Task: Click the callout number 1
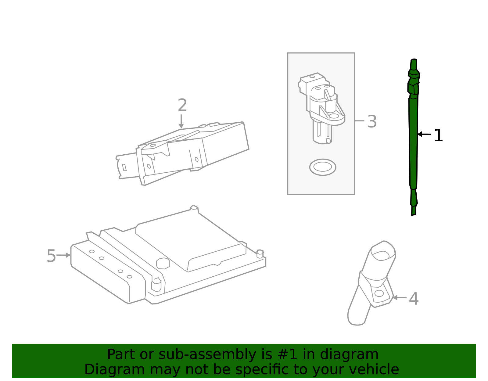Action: click(x=438, y=135)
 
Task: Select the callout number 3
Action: click(x=372, y=122)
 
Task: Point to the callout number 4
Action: click(x=414, y=299)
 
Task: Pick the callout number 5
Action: click(x=51, y=256)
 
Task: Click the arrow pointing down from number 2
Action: click(x=181, y=121)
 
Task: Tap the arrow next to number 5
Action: click(x=63, y=255)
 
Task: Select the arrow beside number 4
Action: click(x=400, y=298)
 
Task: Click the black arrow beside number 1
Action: click(x=424, y=134)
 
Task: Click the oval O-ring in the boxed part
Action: click(x=322, y=167)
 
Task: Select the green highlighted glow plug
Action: click(x=413, y=137)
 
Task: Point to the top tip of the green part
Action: click(x=414, y=59)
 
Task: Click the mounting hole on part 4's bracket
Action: click(x=379, y=293)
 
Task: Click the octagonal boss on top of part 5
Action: click(x=163, y=264)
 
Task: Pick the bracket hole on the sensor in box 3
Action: click(x=334, y=116)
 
